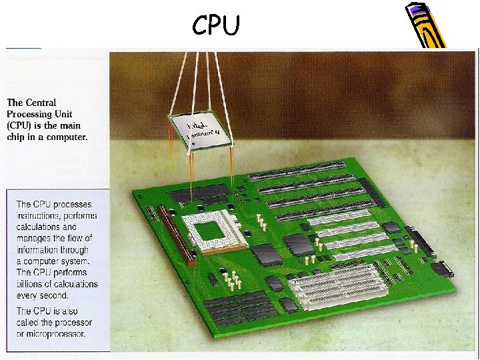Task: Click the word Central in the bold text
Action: pos(41,103)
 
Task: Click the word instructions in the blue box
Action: pos(41,216)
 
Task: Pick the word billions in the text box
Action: pos(31,284)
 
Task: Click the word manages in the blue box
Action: pos(35,239)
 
